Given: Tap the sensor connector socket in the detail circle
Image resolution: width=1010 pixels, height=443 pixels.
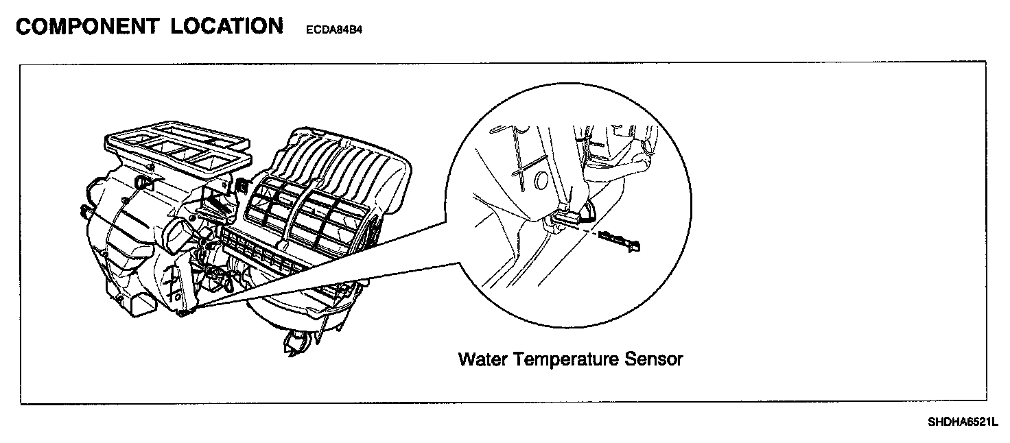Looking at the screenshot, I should point(568,216).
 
